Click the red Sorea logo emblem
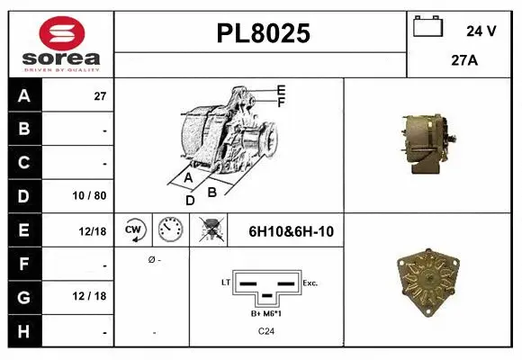[x=61, y=33]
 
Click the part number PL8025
[x=264, y=33]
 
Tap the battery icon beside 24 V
[x=427, y=26]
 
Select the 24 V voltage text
[x=481, y=31]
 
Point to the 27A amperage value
[x=464, y=60]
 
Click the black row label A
[x=24, y=96]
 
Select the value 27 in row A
[x=100, y=96]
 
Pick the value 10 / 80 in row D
[x=90, y=196]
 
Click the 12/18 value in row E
[x=93, y=231]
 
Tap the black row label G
[x=23, y=297]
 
